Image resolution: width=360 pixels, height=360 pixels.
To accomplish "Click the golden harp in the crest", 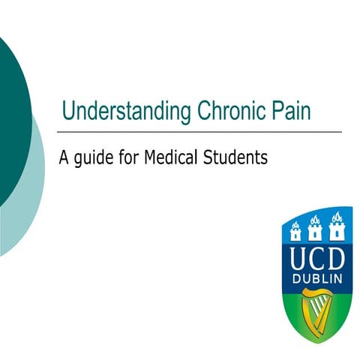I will [316, 315].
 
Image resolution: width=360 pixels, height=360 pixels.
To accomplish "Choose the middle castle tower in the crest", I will [316, 228].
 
